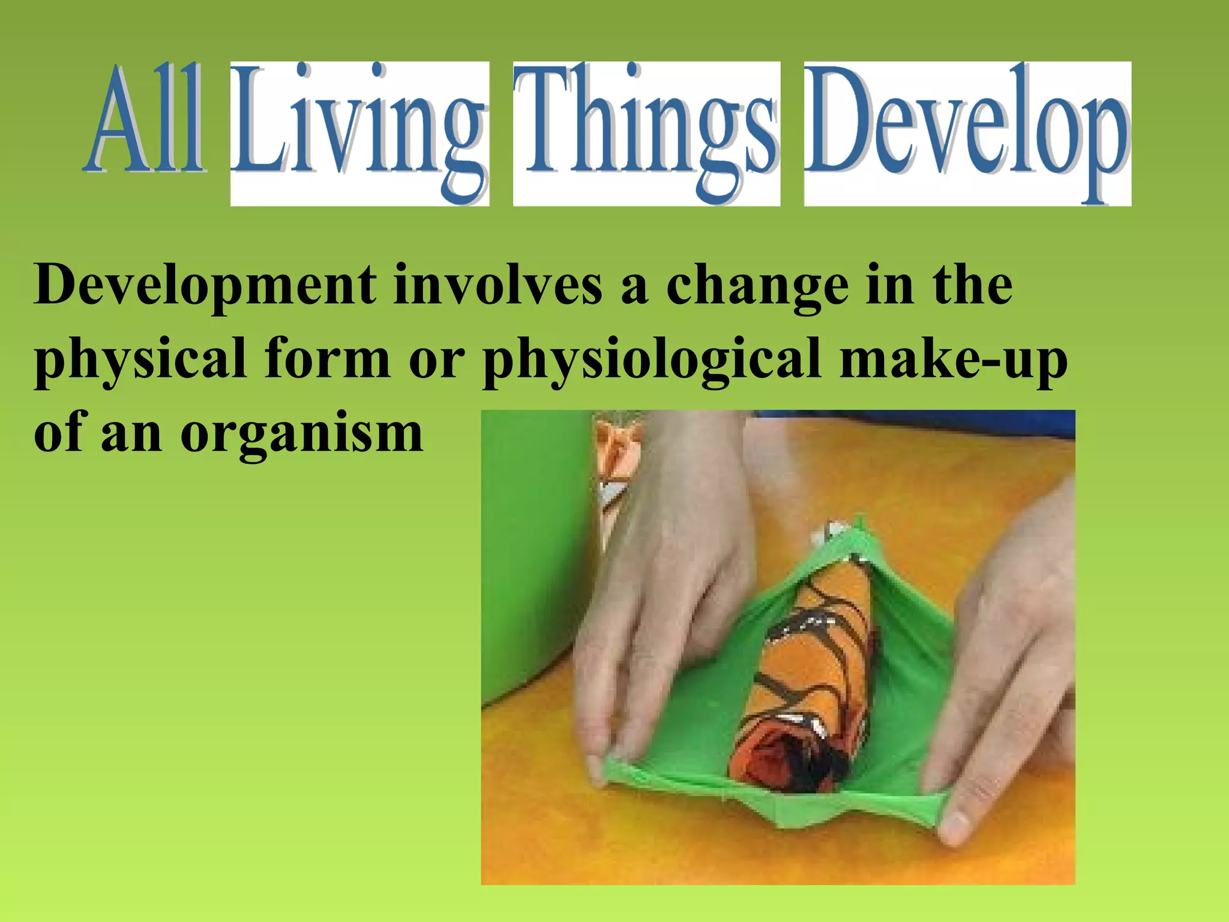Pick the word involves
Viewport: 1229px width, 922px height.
pyautogui.click(x=497, y=285)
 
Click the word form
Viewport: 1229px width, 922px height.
pyautogui.click(x=327, y=358)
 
